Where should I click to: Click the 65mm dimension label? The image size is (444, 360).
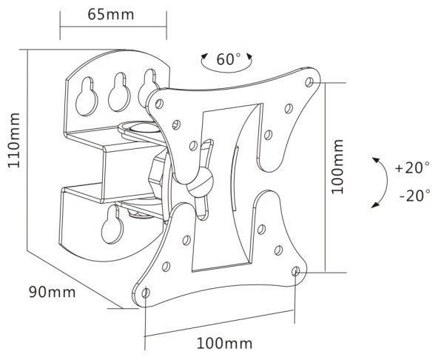tap(112, 13)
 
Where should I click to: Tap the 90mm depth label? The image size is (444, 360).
tap(52, 291)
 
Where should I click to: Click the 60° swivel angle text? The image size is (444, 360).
tap(229, 59)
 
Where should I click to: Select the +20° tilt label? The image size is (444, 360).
tap(412, 167)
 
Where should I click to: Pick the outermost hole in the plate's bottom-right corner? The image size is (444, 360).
tap(296, 272)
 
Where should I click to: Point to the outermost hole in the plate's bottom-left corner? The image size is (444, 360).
tap(145, 292)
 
